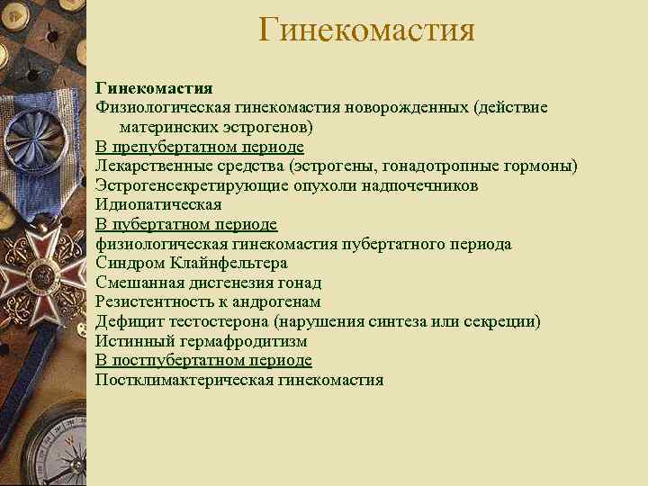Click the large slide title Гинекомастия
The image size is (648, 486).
click(365, 30)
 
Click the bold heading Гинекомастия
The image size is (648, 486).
click(154, 88)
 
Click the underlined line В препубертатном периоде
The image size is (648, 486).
click(200, 147)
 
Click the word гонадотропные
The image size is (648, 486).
click(445, 166)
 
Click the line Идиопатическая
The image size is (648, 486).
click(158, 204)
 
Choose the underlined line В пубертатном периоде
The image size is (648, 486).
click(186, 224)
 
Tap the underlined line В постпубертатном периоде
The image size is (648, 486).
click(203, 360)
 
